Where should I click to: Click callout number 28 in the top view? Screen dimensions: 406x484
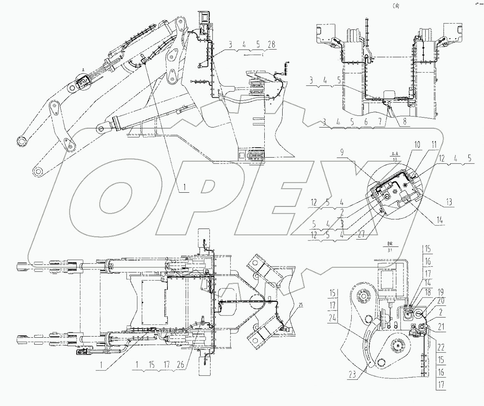pos(271,44)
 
